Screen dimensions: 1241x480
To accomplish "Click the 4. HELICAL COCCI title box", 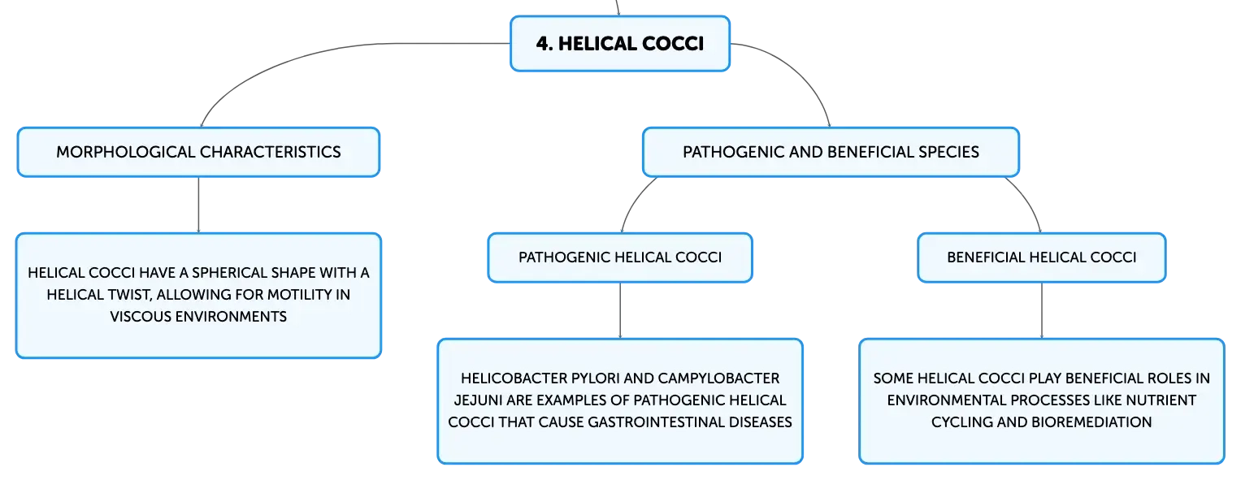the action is [x=620, y=44].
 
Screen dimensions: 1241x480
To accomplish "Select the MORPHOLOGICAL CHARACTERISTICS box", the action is [x=198, y=152].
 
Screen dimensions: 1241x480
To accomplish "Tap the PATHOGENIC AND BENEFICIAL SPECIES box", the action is [x=831, y=152].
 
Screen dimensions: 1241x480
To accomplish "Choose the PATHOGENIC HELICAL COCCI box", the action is [x=620, y=257].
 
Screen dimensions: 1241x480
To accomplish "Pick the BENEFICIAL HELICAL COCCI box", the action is [x=1042, y=257].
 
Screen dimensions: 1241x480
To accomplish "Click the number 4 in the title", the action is [x=544, y=44].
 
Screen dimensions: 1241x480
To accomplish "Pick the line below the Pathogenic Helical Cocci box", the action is [x=620, y=310].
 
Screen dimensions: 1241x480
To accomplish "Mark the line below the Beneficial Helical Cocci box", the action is [x=1042, y=310].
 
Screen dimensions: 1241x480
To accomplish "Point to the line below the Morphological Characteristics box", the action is [x=198, y=205].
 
